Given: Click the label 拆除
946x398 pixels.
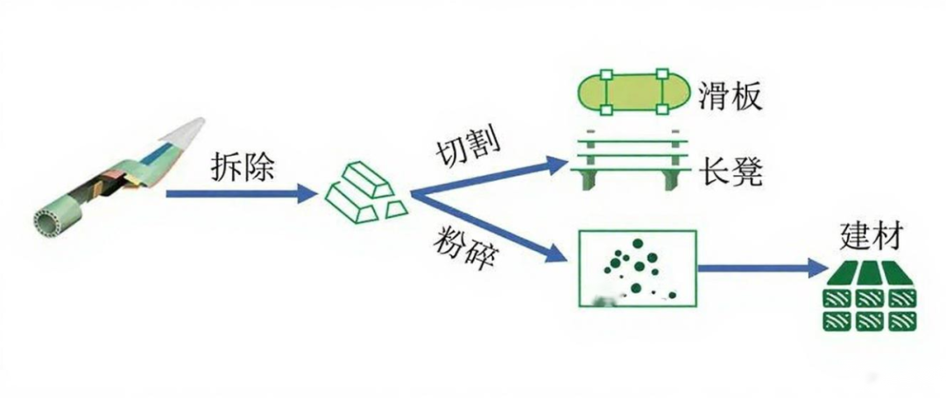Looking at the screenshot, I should [243, 166].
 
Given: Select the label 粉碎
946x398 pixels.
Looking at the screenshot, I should [462, 250].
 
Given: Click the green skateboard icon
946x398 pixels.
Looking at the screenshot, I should [633, 91].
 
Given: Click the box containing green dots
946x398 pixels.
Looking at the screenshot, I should [637, 268].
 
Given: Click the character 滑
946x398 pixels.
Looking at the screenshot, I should [714, 95].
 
